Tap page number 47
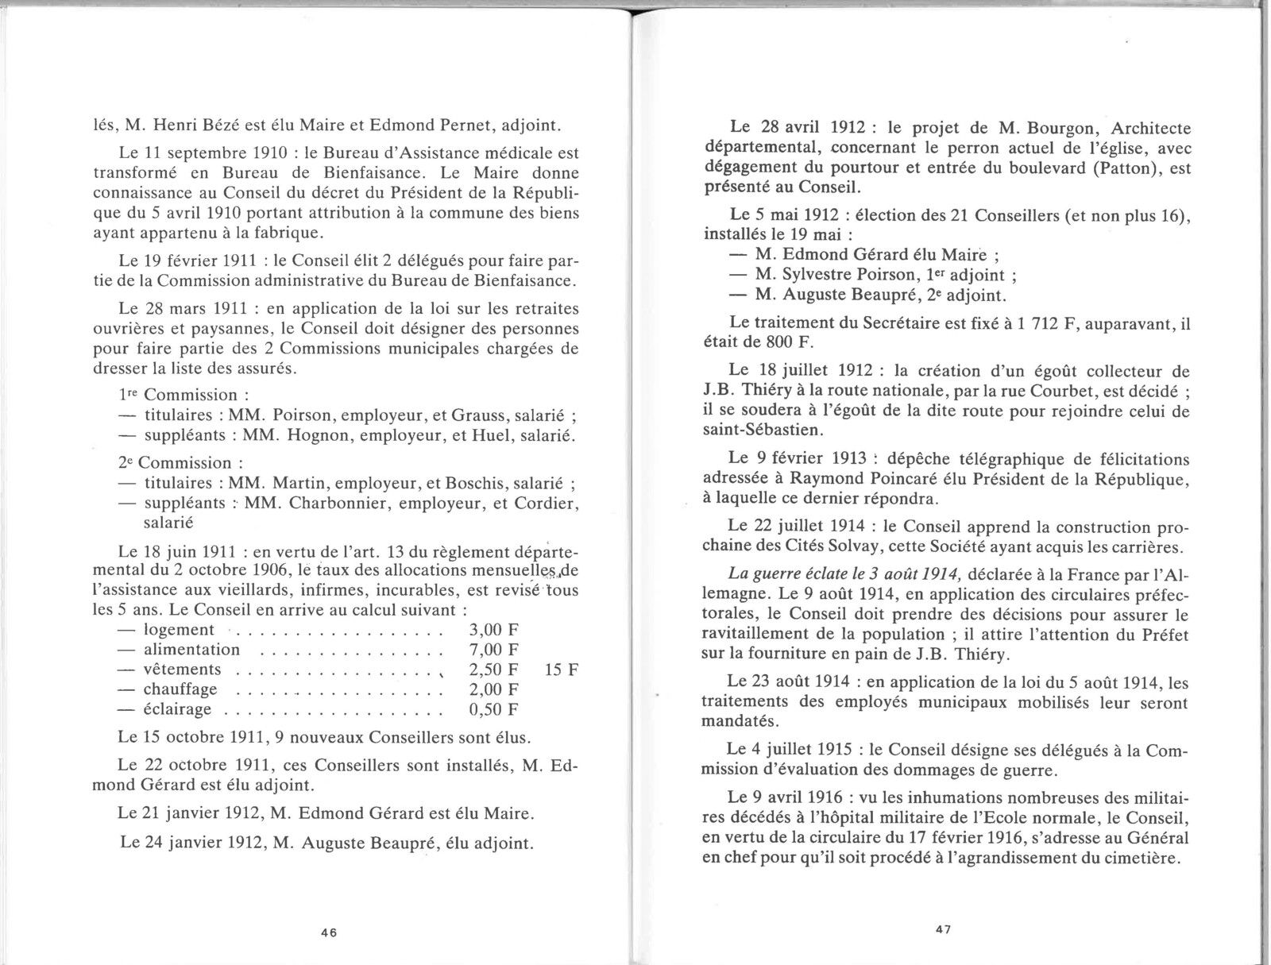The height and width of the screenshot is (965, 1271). [x=943, y=928]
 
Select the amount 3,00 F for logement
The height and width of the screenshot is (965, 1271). [x=489, y=630]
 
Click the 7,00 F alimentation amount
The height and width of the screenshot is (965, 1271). [x=489, y=650]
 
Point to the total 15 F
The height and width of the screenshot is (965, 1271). [x=562, y=670]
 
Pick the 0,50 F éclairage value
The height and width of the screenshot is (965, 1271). [x=489, y=709]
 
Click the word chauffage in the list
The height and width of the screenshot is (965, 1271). [x=180, y=689]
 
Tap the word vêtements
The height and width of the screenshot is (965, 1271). [x=183, y=670]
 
